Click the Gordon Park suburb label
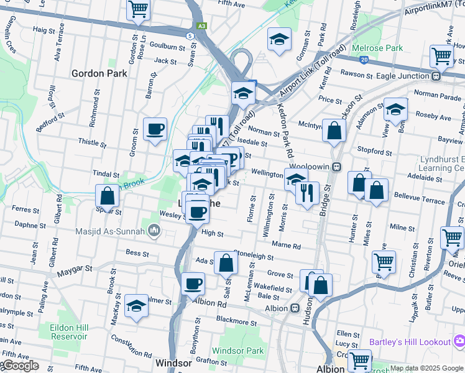(x=99, y=73)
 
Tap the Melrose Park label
(x=377, y=48)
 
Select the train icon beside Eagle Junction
(x=436, y=76)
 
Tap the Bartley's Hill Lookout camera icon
(x=459, y=341)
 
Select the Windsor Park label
(x=237, y=351)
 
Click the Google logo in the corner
(x=20, y=366)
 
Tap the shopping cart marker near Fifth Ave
(x=138, y=11)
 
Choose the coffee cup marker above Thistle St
(x=155, y=129)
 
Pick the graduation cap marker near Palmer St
(x=136, y=306)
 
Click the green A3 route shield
(x=201, y=26)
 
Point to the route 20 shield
(x=363, y=59)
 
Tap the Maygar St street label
(x=75, y=270)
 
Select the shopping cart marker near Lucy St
(x=359, y=361)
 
